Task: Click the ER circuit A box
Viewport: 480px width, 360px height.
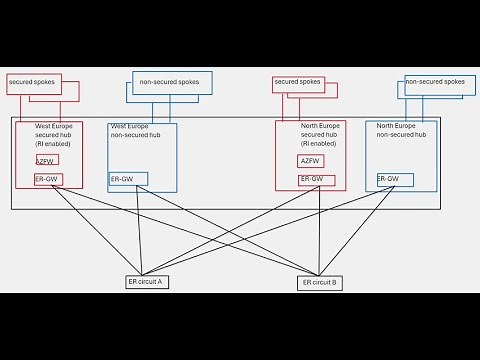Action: (x=145, y=282)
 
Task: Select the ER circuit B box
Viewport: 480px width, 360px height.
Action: (x=320, y=283)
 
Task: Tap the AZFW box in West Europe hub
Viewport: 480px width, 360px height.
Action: (x=46, y=160)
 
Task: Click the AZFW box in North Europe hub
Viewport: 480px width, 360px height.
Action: (x=310, y=161)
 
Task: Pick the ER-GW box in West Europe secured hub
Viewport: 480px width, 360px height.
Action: (x=47, y=179)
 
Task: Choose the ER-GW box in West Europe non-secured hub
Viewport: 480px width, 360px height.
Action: (x=128, y=179)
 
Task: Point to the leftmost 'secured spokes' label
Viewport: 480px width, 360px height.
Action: (x=31, y=81)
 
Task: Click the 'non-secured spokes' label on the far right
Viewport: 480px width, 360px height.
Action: (x=435, y=82)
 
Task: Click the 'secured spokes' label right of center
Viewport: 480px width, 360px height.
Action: (x=297, y=82)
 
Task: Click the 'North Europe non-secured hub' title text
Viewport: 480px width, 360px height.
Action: (x=401, y=130)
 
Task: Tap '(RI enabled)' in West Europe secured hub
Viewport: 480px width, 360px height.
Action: (x=54, y=143)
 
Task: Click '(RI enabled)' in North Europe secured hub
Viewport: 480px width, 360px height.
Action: (x=318, y=143)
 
